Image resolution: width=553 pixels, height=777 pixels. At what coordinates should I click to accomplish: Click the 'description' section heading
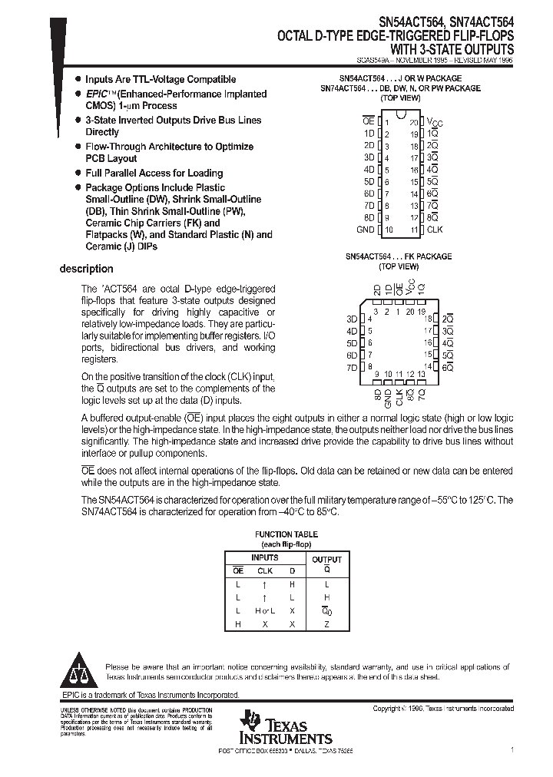[x=87, y=269]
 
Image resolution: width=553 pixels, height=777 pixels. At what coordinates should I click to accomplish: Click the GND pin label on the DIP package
[x=366, y=230]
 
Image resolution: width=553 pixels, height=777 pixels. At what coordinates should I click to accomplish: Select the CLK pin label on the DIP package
[x=435, y=230]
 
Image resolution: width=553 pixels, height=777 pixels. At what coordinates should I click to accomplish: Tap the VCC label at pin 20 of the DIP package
[x=435, y=122]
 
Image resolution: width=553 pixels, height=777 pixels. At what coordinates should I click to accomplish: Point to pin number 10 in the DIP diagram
[x=389, y=230]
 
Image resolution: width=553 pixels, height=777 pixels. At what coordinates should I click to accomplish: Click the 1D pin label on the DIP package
[x=369, y=134]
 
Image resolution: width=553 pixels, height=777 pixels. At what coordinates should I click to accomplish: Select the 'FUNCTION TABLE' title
[x=286, y=534]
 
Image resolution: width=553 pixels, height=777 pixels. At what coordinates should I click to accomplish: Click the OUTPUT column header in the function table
[x=326, y=560]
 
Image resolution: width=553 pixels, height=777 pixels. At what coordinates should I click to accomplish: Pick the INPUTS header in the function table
[x=265, y=558]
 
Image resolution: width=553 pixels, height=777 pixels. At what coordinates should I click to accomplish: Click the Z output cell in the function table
[x=326, y=624]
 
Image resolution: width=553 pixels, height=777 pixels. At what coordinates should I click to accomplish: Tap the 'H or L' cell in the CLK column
[x=265, y=610]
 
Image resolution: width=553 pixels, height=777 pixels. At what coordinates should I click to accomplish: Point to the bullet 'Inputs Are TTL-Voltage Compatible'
[x=161, y=79]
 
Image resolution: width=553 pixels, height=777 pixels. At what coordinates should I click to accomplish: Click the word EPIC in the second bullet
[x=98, y=94]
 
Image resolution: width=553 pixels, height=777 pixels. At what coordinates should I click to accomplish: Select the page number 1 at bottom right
[x=512, y=749]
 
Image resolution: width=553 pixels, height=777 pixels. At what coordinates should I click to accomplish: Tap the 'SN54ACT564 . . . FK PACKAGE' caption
[x=399, y=256]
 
